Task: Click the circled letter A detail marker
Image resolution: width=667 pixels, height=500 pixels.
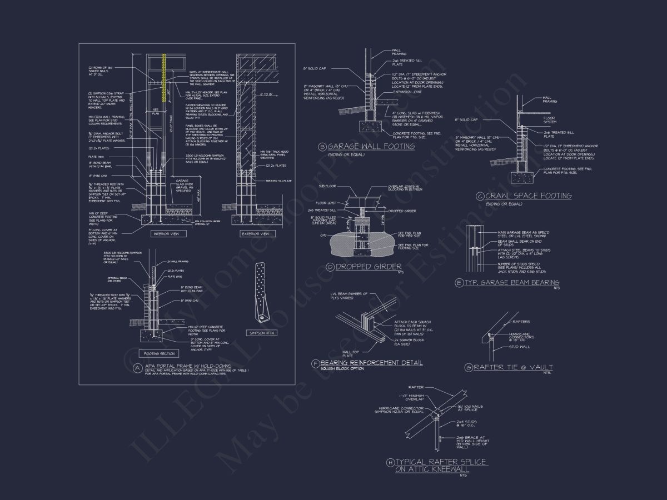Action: (137, 367)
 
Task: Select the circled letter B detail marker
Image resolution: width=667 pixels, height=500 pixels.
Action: (322, 147)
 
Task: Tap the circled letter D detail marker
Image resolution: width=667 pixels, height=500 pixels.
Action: (330, 267)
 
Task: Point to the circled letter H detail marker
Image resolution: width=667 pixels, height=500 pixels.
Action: (390, 462)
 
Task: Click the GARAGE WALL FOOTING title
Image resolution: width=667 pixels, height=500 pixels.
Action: (371, 147)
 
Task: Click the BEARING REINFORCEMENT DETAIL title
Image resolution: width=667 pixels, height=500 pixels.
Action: (371, 363)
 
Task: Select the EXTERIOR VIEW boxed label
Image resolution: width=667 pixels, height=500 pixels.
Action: (255, 234)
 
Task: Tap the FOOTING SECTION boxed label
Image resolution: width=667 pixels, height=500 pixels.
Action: (160, 353)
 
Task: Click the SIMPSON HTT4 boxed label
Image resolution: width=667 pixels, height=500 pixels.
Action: (261, 333)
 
